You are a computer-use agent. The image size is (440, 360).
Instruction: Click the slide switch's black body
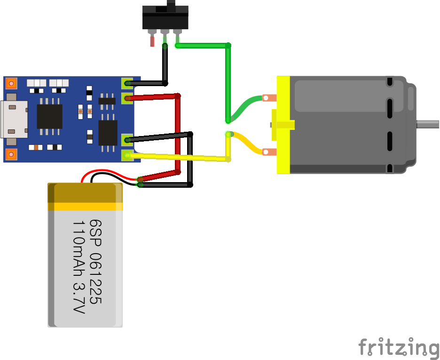tap(165, 19)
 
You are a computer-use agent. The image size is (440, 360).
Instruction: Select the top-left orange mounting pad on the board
tap(11, 83)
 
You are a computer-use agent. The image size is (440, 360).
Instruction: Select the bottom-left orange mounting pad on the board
tap(11, 154)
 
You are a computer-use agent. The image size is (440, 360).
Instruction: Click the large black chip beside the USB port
tap(49, 116)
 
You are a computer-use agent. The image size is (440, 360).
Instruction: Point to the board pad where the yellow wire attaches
tap(127, 154)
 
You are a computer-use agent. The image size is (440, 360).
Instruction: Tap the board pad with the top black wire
tap(127, 84)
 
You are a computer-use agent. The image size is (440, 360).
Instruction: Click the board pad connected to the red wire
tap(127, 98)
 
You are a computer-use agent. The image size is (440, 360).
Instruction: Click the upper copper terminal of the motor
tap(268, 98)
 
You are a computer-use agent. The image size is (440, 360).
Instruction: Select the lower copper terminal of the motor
tap(268, 152)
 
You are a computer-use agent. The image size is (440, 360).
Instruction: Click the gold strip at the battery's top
tap(85, 206)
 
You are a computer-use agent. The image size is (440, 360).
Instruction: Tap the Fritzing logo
tap(399, 347)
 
